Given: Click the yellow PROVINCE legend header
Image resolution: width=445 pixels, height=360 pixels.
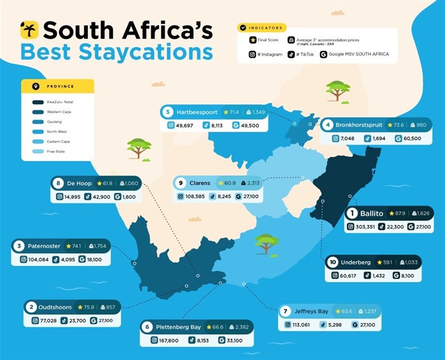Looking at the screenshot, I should pos(57,86).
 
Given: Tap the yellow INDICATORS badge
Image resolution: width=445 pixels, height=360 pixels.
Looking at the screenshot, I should pos(262,28).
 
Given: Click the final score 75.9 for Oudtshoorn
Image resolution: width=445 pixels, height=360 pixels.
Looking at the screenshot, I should pos(88,307).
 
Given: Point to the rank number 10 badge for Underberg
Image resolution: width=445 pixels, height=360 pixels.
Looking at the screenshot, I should pos(333,262).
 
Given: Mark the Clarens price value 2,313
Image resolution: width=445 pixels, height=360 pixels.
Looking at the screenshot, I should pos(252,183).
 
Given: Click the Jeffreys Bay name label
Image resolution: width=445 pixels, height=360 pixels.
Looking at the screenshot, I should pos(314,312).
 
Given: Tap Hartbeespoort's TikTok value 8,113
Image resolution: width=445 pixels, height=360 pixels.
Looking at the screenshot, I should pos(217,126).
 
